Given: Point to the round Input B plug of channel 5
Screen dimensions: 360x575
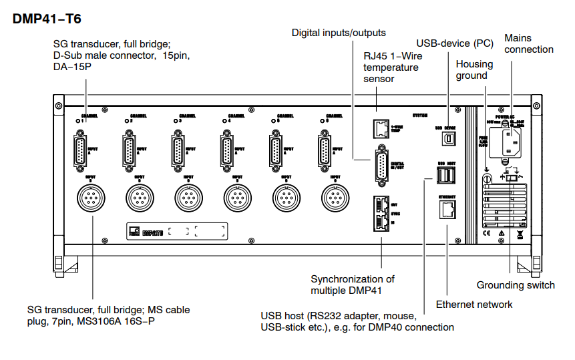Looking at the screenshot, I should (x=286, y=198).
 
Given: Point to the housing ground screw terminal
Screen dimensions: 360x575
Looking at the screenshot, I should (x=487, y=179).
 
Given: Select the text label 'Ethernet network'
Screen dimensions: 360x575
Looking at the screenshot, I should (x=474, y=305).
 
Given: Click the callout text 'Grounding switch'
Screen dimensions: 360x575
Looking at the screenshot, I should (x=516, y=285).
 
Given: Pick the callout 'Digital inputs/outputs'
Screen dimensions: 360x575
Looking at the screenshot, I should (x=339, y=33).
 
